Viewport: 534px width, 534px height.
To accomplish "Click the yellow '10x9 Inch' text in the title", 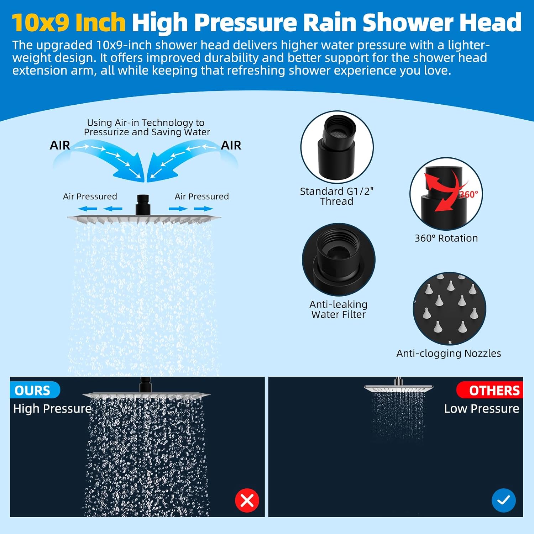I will [x=69, y=22].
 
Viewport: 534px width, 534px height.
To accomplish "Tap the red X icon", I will [x=247, y=500].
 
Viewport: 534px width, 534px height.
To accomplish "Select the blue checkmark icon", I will [x=503, y=500].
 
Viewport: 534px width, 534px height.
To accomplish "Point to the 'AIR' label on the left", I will [x=60, y=145].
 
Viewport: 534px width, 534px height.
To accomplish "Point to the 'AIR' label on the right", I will [x=231, y=145].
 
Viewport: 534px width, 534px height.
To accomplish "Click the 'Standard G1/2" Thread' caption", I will [x=336, y=196].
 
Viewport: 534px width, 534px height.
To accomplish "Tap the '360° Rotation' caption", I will [x=446, y=238].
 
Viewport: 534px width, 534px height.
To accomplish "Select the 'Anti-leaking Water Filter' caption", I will [x=338, y=309].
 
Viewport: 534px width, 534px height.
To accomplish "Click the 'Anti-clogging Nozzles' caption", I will [x=449, y=353].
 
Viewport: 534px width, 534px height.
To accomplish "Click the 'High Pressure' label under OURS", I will [x=52, y=409].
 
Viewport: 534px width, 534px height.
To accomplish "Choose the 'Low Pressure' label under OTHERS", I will [x=481, y=409].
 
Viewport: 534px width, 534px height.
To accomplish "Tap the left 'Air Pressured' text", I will [x=90, y=197].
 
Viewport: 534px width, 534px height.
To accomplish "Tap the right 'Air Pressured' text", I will [x=201, y=197].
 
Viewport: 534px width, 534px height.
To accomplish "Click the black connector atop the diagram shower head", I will [x=142, y=204].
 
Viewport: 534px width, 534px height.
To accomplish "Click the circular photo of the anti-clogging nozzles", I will [x=449, y=309].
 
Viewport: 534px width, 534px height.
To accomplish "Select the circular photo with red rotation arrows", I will [x=446, y=194].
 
